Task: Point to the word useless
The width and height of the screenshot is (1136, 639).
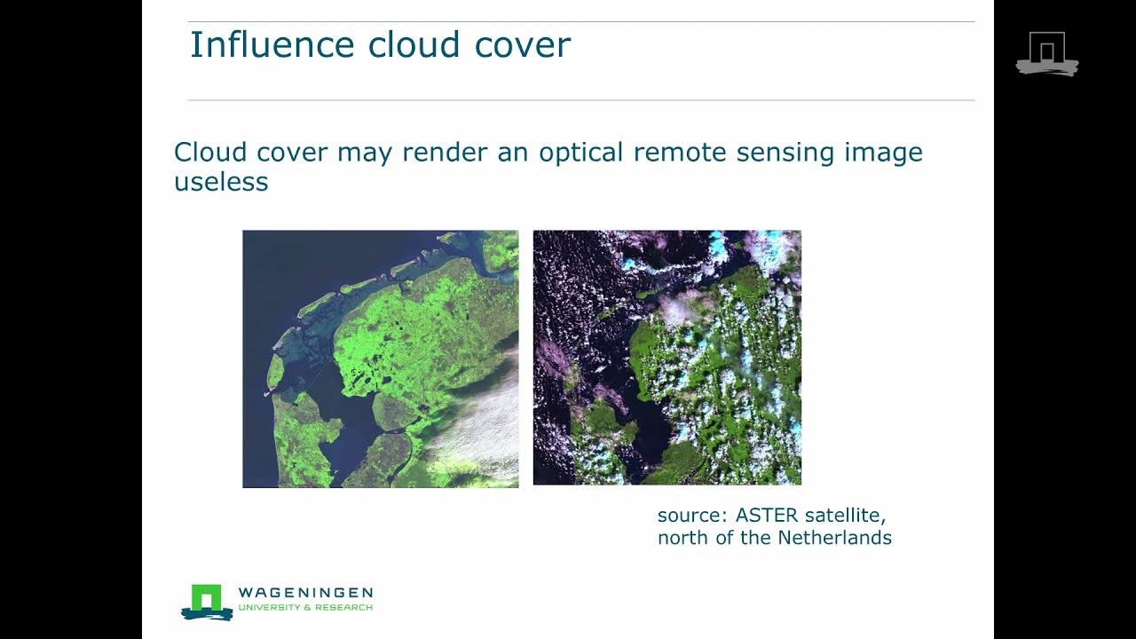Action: pyautogui.click(x=221, y=182)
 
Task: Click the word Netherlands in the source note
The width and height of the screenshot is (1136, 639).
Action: pyautogui.click(x=834, y=537)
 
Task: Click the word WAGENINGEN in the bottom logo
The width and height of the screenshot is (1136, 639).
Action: pyautogui.click(x=305, y=592)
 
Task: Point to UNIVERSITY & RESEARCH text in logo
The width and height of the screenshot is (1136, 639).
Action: pyautogui.click(x=305, y=608)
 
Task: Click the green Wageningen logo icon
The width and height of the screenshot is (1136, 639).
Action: pyautogui.click(x=207, y=601)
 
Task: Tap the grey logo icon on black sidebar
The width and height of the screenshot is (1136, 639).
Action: pyautogui.click(x=1047, y=53)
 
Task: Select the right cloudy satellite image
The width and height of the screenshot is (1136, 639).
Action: pyautogui.click(x=667, y=358)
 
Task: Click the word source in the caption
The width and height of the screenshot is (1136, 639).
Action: pyautogui.click(x=689, y=515)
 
